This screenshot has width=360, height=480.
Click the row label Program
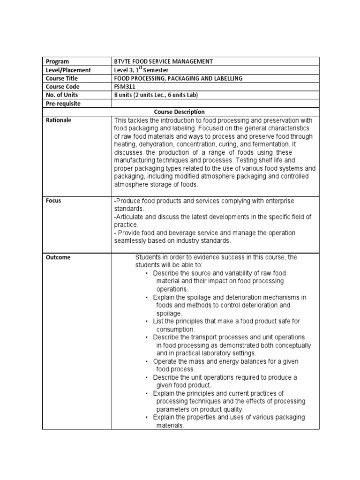coord(57,61)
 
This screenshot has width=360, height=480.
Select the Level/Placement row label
coord(68,70)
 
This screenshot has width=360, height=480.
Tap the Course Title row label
coord(62,78)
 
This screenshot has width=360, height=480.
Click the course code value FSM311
coord(124,87)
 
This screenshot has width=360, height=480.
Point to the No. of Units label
coord(62,95)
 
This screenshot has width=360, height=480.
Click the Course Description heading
coord(180,112)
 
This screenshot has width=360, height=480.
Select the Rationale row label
coord(59,120)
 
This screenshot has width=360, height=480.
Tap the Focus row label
coord(53,201)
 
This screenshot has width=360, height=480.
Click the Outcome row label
coord(58,257)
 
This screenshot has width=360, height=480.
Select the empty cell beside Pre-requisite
coord(216,104)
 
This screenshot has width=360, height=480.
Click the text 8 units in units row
coord(123,95)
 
